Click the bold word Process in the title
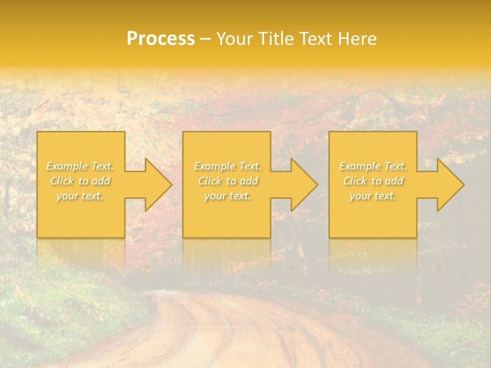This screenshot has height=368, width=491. [161, 39]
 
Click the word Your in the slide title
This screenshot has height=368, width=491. [234, 39]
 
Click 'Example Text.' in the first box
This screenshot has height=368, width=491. [80, 166]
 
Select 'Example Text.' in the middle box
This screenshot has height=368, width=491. [227, 166]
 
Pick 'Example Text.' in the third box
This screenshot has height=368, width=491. [373, 166]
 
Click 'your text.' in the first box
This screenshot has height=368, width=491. [80, 196]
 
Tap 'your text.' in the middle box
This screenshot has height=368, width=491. [227, 196]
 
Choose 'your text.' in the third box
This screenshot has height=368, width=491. [373, 196]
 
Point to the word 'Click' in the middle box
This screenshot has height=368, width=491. [209, 181]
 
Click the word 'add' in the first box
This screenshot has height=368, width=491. [101, 181]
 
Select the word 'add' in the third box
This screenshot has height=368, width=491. [394, 181]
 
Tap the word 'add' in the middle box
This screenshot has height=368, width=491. [249, 181]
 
